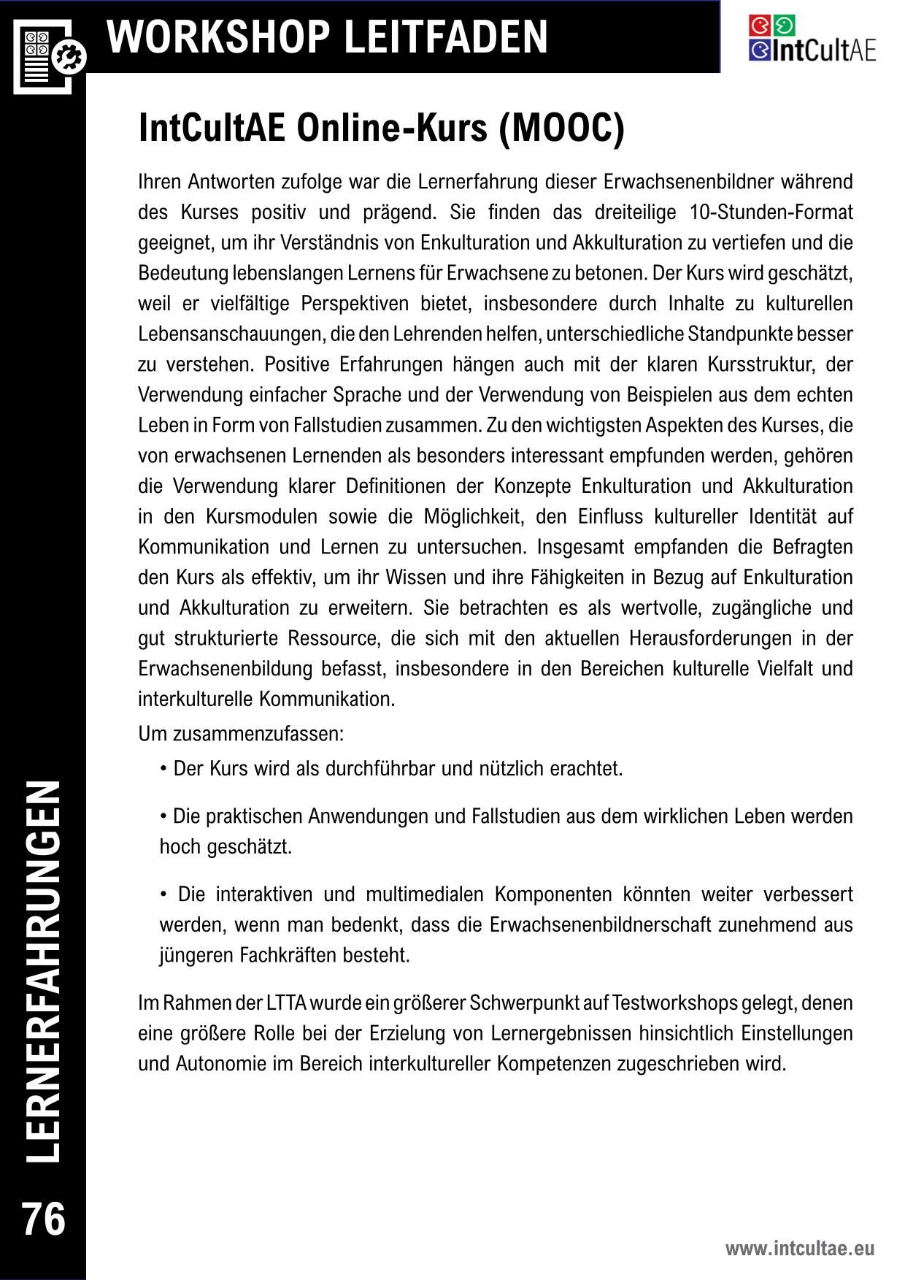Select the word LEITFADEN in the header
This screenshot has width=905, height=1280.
coord(445,37)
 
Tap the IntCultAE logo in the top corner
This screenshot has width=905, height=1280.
coord(811,39)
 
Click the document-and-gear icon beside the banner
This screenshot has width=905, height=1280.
coord(48,56)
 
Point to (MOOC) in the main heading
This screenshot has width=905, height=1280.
coord(562,129)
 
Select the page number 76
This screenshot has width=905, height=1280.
coord(44,1219)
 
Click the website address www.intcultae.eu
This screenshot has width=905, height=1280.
coord(799,1249)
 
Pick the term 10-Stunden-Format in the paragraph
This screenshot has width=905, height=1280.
coord(770,212)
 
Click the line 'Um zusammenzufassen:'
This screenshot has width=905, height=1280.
coord(241,733)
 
